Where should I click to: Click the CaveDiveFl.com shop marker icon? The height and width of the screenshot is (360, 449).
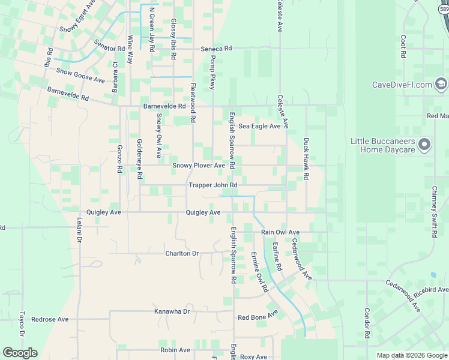pos(442,85)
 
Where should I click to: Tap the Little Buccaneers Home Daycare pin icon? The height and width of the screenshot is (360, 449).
pos(425,145)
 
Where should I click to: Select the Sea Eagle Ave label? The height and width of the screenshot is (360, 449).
pos(259,126)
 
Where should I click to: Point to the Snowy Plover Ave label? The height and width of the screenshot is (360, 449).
pos(199,165)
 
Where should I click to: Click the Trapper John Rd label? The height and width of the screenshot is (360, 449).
pos(213,185)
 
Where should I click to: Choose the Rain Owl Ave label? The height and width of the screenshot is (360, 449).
pos(280,232)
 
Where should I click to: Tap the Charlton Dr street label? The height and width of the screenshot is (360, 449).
pos(182,253)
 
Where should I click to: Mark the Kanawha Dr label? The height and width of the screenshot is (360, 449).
pos(172,311)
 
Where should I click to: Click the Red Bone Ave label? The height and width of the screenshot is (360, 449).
pos(258,316)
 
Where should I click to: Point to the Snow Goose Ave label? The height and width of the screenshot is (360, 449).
pos(80,75)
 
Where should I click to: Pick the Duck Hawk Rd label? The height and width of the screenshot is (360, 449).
pos(306,160)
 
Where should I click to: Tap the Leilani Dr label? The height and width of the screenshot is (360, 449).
pos(79,230)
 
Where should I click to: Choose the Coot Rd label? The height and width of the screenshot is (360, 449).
pos(403,46)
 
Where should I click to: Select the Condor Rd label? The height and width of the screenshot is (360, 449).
pos(367,323)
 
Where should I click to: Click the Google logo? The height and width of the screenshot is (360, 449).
pos(20,353)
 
